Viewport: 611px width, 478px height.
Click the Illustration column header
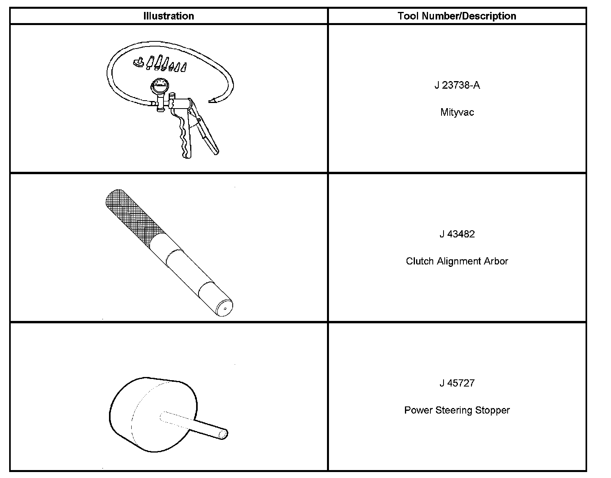coord(169,16)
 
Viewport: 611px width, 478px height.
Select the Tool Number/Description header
coord(457,16)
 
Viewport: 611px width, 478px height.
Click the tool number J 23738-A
coord(457,85)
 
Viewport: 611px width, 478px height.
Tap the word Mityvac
coord(457,113)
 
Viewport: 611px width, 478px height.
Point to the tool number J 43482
coord(457,234)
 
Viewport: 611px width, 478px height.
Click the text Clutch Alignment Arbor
coord(457,261)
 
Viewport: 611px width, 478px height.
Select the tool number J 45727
coord(457,383)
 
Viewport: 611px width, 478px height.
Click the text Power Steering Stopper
coord(457,410)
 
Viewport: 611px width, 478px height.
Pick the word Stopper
coord(492,410)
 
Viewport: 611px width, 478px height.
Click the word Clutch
coord(420,261)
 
